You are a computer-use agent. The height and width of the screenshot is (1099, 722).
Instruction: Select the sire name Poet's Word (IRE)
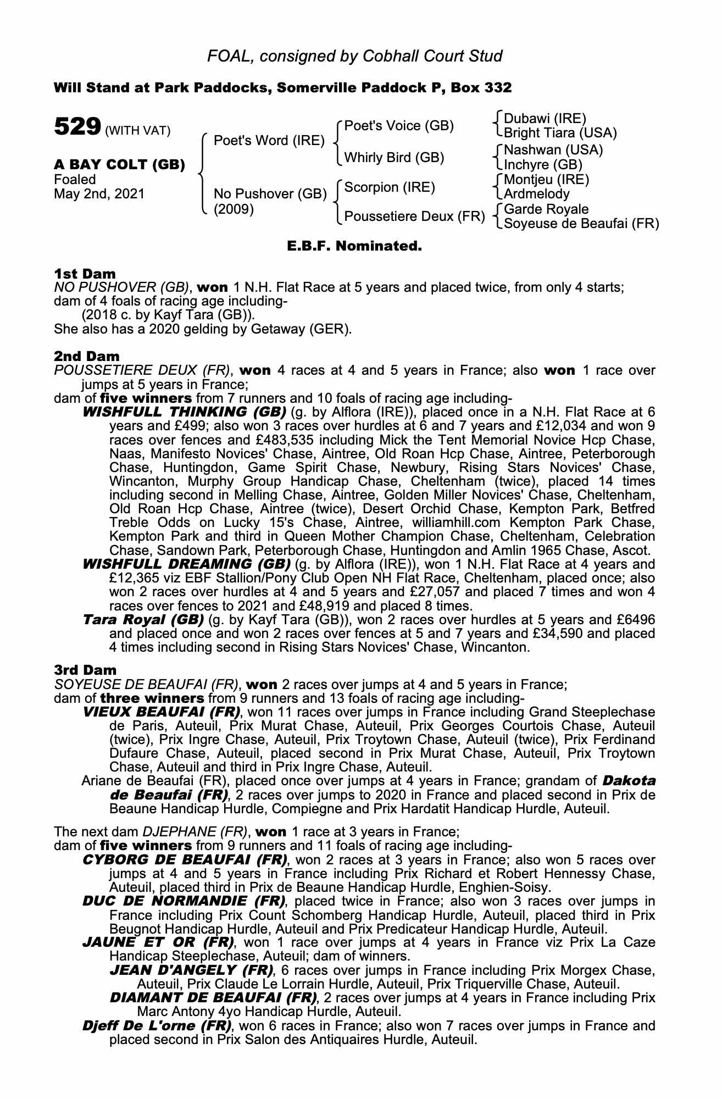[269, 141]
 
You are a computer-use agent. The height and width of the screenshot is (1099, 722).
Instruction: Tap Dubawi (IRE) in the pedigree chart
[545, 119]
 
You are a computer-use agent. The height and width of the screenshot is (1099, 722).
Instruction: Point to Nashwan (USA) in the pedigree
[553, 150]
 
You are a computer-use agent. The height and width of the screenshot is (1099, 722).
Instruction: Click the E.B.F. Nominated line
[354, 246]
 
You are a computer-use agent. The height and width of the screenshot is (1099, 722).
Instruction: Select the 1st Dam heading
[85, 274]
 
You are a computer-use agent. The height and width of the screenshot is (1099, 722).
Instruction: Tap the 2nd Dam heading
[86, 357]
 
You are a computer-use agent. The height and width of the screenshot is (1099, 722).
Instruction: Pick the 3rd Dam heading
[86, 670]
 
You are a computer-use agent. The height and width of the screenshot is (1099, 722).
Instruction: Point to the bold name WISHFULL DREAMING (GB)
[186, 564]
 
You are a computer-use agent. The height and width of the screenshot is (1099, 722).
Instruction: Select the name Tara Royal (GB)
[143, 620]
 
